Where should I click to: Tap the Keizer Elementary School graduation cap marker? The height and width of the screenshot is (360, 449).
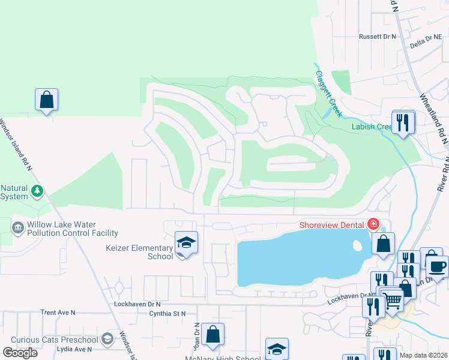click(x=186, y=243)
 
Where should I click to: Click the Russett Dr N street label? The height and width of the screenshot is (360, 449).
click(x=378, y=37)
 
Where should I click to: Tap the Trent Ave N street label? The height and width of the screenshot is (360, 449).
click(x=58, y=313)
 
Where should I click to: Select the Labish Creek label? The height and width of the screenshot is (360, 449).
click(x=371, y=127)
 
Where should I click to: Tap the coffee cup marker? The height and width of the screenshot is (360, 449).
click(x=436, y=266)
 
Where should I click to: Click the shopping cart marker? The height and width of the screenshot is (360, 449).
click(x=393, y=300)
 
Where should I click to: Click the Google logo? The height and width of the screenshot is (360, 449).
click(x=20, y=353)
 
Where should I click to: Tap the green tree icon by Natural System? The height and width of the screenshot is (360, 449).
click(x=37, y=191)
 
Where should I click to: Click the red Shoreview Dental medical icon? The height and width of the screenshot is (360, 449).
click(x=373, y=224)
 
